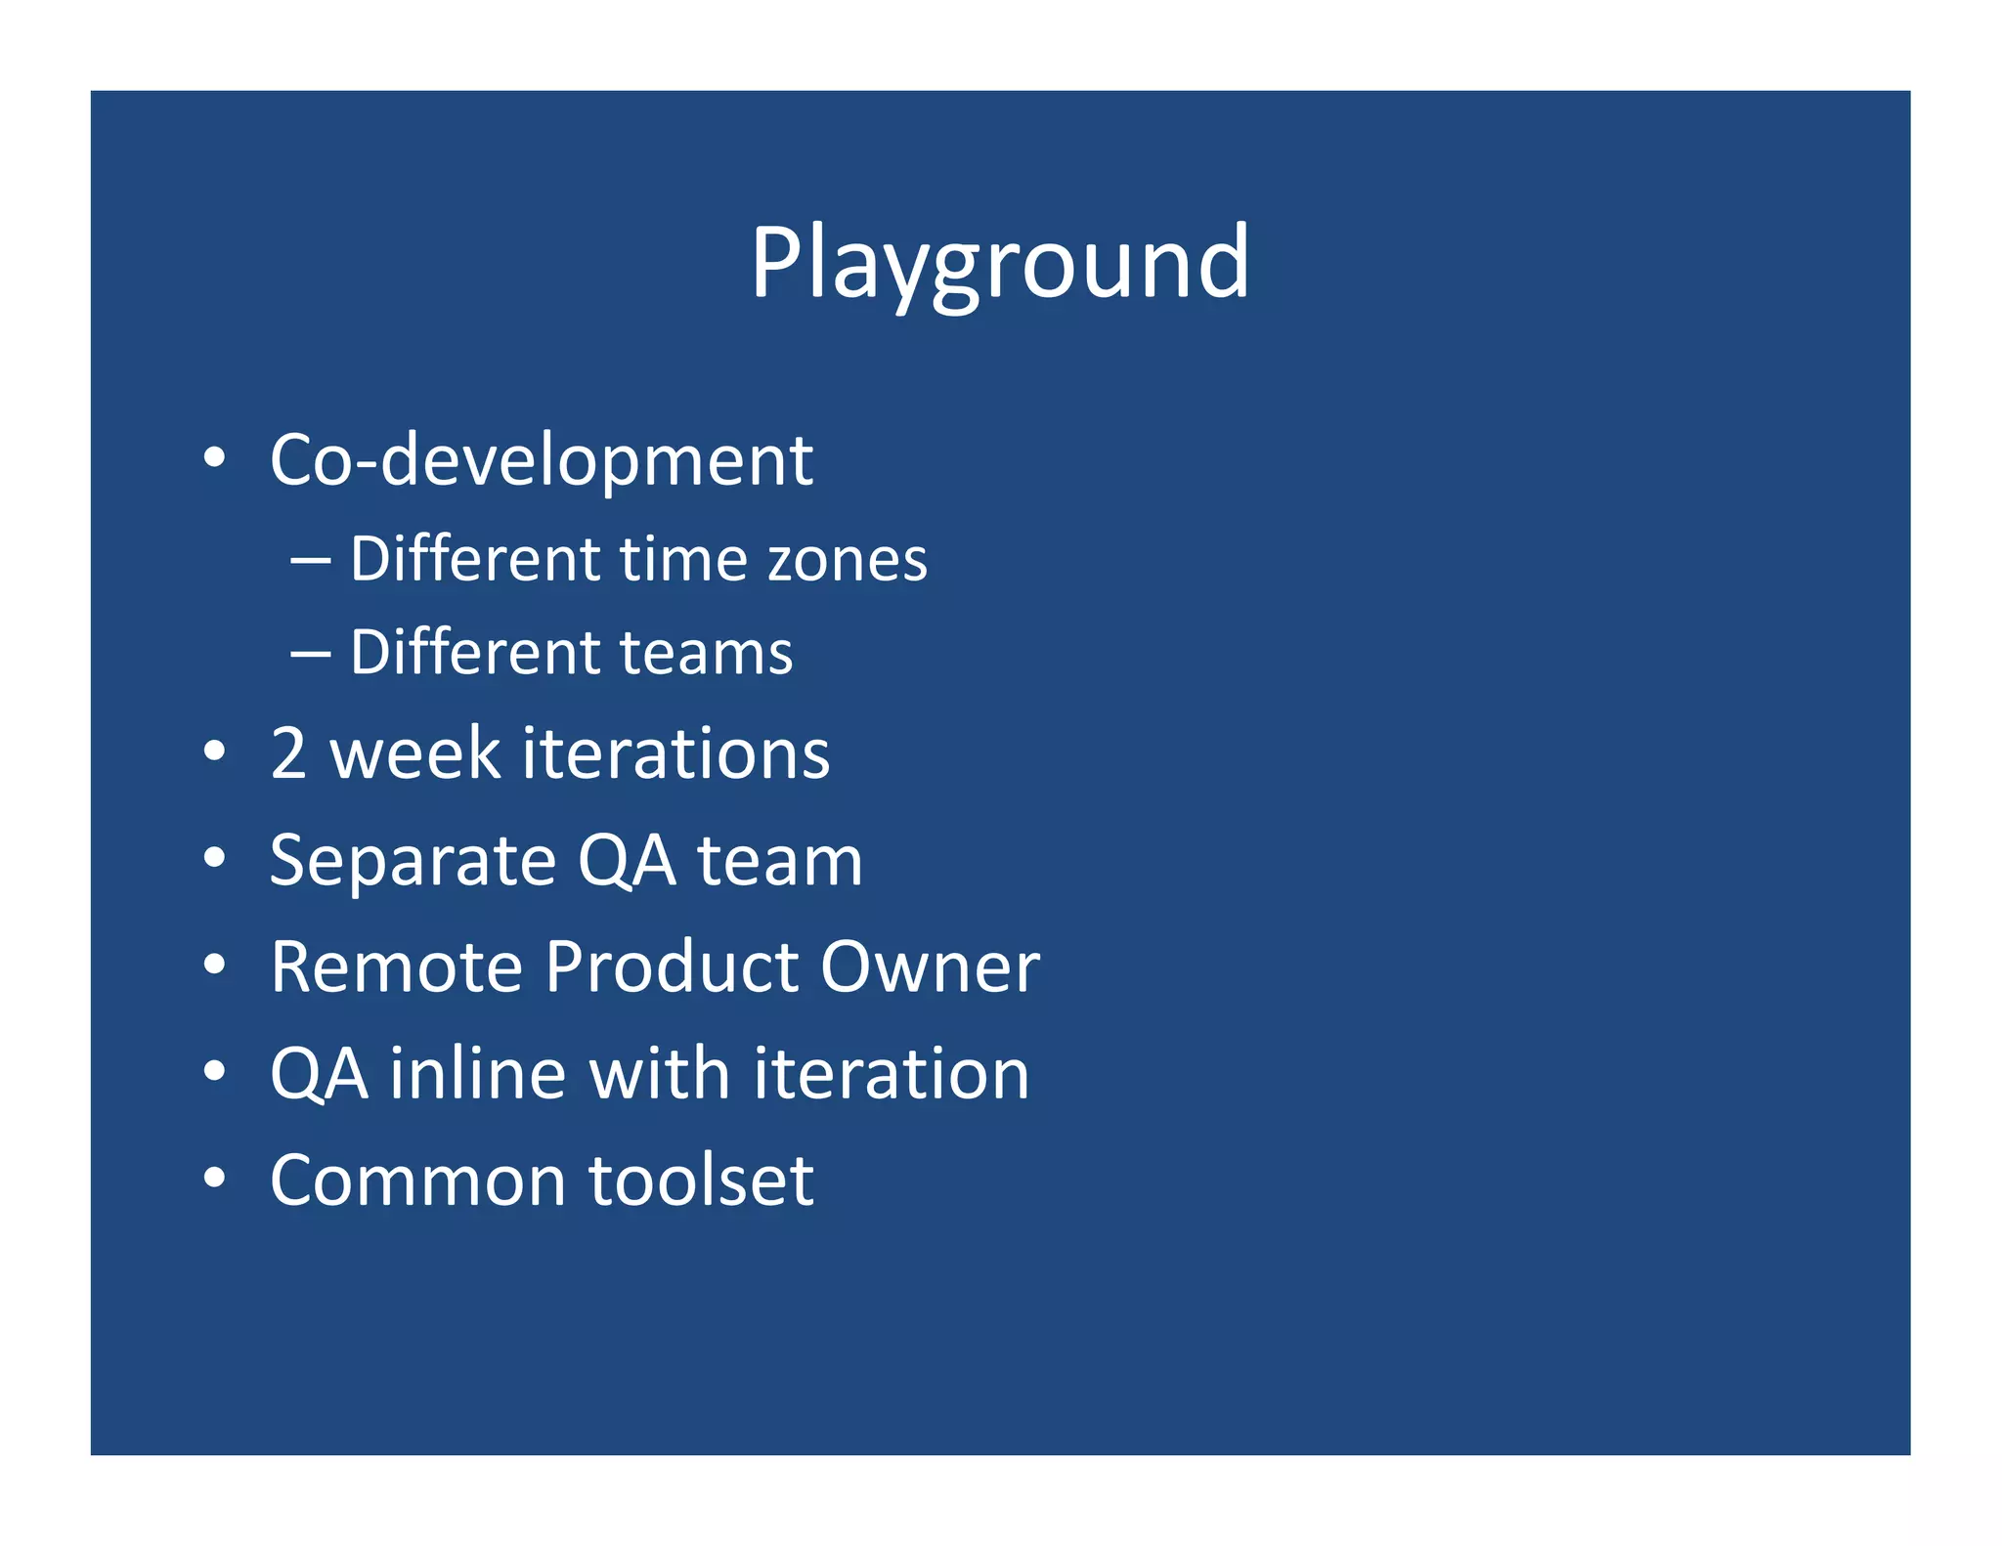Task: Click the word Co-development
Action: pyautogui.click(x=541, y=459)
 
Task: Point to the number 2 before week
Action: pyautogui.click(x=289, y=753)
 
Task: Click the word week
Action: pyautogui.click(x=415, y=753)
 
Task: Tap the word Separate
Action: pyautogui.click(x=413, y=861)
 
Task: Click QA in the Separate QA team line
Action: pyautogui.click(x=626, y=861)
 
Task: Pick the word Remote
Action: pyautogui.click(x=397, y=967)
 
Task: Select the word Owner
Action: pyautogui.click(x=930, y=967)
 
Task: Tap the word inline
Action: pyautogui.click(x=477, y=1074)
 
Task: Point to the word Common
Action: pyautogui.click(x=417, y=1181)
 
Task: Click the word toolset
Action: pyautogui.click(x=701, y=1181)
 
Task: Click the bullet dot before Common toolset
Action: pyautogui.click(x=215, y=1178)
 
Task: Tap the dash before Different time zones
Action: pyautogui.click(x=310, y=563)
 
